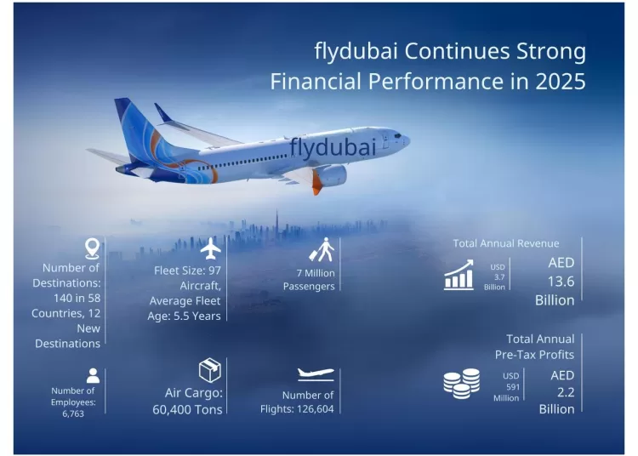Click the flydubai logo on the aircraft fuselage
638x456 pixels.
click(332, 146)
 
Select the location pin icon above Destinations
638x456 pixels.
click(92, 248)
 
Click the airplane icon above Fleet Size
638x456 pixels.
click(210, 248)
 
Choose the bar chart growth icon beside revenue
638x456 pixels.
click(459, 276)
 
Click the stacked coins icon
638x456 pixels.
click(461, 384)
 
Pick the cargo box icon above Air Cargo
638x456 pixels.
click(209, 370)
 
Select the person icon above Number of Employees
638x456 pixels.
click(93, 374)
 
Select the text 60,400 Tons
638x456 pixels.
click(193, 409)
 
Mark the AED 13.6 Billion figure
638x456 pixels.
click(555, 281)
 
